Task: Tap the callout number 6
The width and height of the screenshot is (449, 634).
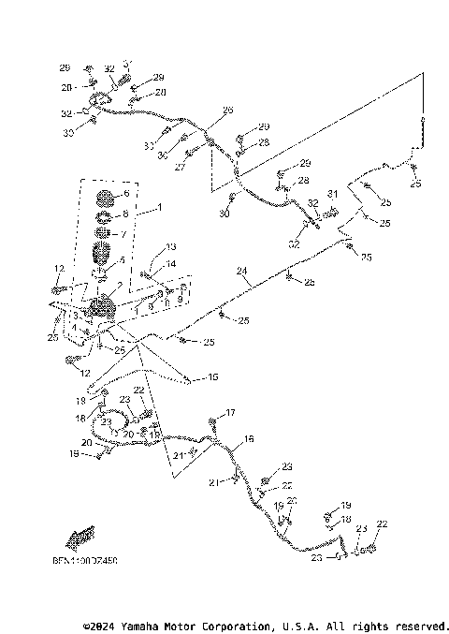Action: (x=125, y=194)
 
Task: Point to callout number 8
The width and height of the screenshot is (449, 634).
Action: (x=125, y=214)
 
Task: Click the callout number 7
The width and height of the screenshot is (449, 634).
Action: (x=125, y=233)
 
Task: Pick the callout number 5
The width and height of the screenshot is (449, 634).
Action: (x=122, y=259)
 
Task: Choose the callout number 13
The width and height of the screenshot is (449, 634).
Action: (x=171, y=247)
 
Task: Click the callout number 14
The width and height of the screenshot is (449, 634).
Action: (x=171, y=264)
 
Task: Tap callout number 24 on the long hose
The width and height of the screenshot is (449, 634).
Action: (x=241, y=272)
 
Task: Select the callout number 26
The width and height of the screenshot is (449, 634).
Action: (x=227, y=110)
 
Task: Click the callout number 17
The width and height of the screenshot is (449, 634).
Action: (x=230, y=412)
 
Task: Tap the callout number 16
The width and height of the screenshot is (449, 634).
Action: (x=249, y=438)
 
